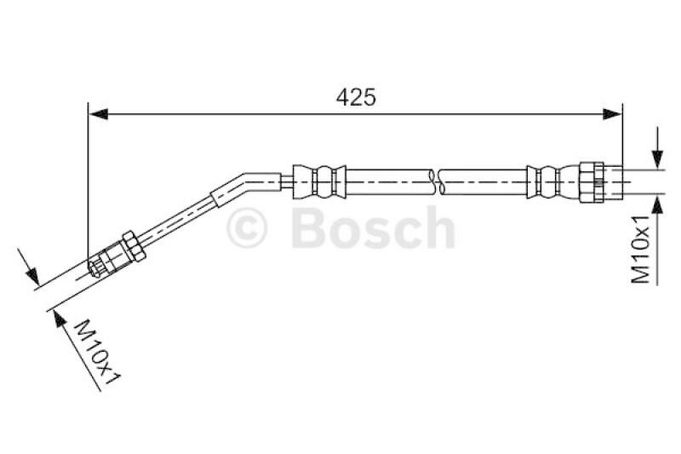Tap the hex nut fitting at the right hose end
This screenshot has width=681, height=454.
click(592, 181)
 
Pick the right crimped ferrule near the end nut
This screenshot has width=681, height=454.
click(546, 180)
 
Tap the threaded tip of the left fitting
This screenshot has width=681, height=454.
click(97, 269)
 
